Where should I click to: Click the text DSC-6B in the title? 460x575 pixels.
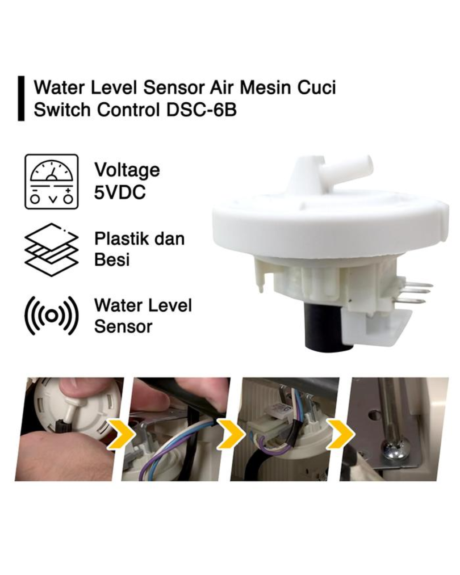click(202, 110)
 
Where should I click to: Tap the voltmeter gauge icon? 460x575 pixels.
click(52, 182)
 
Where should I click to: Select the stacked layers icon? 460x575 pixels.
click(51, 249)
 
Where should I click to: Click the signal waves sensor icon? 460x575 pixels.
click(51, 316)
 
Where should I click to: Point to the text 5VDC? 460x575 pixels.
click(120, 192)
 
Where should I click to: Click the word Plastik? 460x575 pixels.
click(120, 239)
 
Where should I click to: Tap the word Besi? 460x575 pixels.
click(112, 259)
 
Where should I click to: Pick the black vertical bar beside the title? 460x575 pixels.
click(21, 98)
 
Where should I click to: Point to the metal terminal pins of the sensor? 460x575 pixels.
click(415, 293)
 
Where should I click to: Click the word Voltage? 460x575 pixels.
click(127, 170)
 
